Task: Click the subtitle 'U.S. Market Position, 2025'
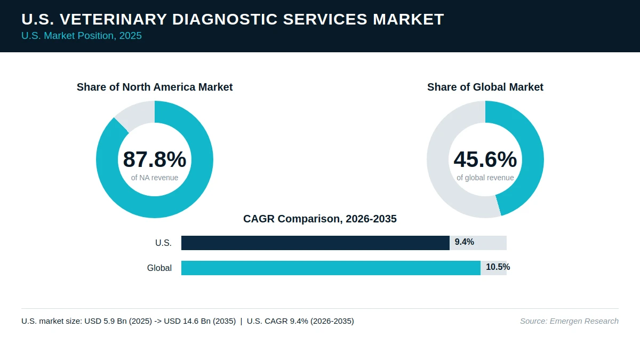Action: (x=82, y=36)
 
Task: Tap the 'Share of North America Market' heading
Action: (x=155, y=87)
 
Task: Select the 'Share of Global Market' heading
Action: (x=485, y=87)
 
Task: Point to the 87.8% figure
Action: (x=155, y=159)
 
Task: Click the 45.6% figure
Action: (x=485, y=159)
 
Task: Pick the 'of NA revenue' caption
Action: (x=155, y=178)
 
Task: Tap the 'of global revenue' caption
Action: (x=485, y=178)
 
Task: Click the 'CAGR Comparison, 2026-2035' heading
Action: (x=320, y=219)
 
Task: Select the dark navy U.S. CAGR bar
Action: (x=315, y=243)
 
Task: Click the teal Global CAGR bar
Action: (x=331, y=268)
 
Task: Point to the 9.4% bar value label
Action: (x=465, y=242)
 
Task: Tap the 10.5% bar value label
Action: (x=498, y=267)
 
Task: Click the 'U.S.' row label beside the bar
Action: (x=163, y=243)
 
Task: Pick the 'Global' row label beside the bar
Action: (x=159, y=268)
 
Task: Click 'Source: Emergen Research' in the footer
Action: (x=569, y=321)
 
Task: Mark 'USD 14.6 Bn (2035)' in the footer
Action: (x=199, y=321)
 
